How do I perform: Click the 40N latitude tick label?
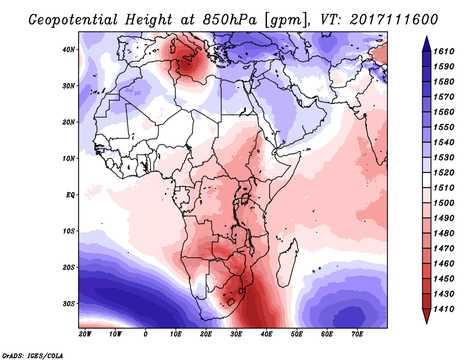(x=68, y=50)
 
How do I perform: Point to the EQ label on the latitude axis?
(x=70, y=195)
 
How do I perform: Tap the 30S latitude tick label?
(x=68, y=304)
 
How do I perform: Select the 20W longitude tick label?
(x=85, y=334)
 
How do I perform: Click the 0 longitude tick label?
(x=145, y=334)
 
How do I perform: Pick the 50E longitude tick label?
(x=296, y=334)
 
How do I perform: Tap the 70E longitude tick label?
(x=357, y=334)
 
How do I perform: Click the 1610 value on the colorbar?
(x=444, y=51)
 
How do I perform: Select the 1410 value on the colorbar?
(x=444, y=309)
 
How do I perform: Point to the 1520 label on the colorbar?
(x=444, y=172)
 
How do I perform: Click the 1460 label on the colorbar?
(x=444, y=264)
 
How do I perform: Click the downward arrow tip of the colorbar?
(x=427, y=323)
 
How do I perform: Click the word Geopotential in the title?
(x=73, y=20)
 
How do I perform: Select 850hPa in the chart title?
(x=230, y=20)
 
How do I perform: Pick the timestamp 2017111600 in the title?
(x=394, y=20)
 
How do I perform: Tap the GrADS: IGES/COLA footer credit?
(x=33, y=356)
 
